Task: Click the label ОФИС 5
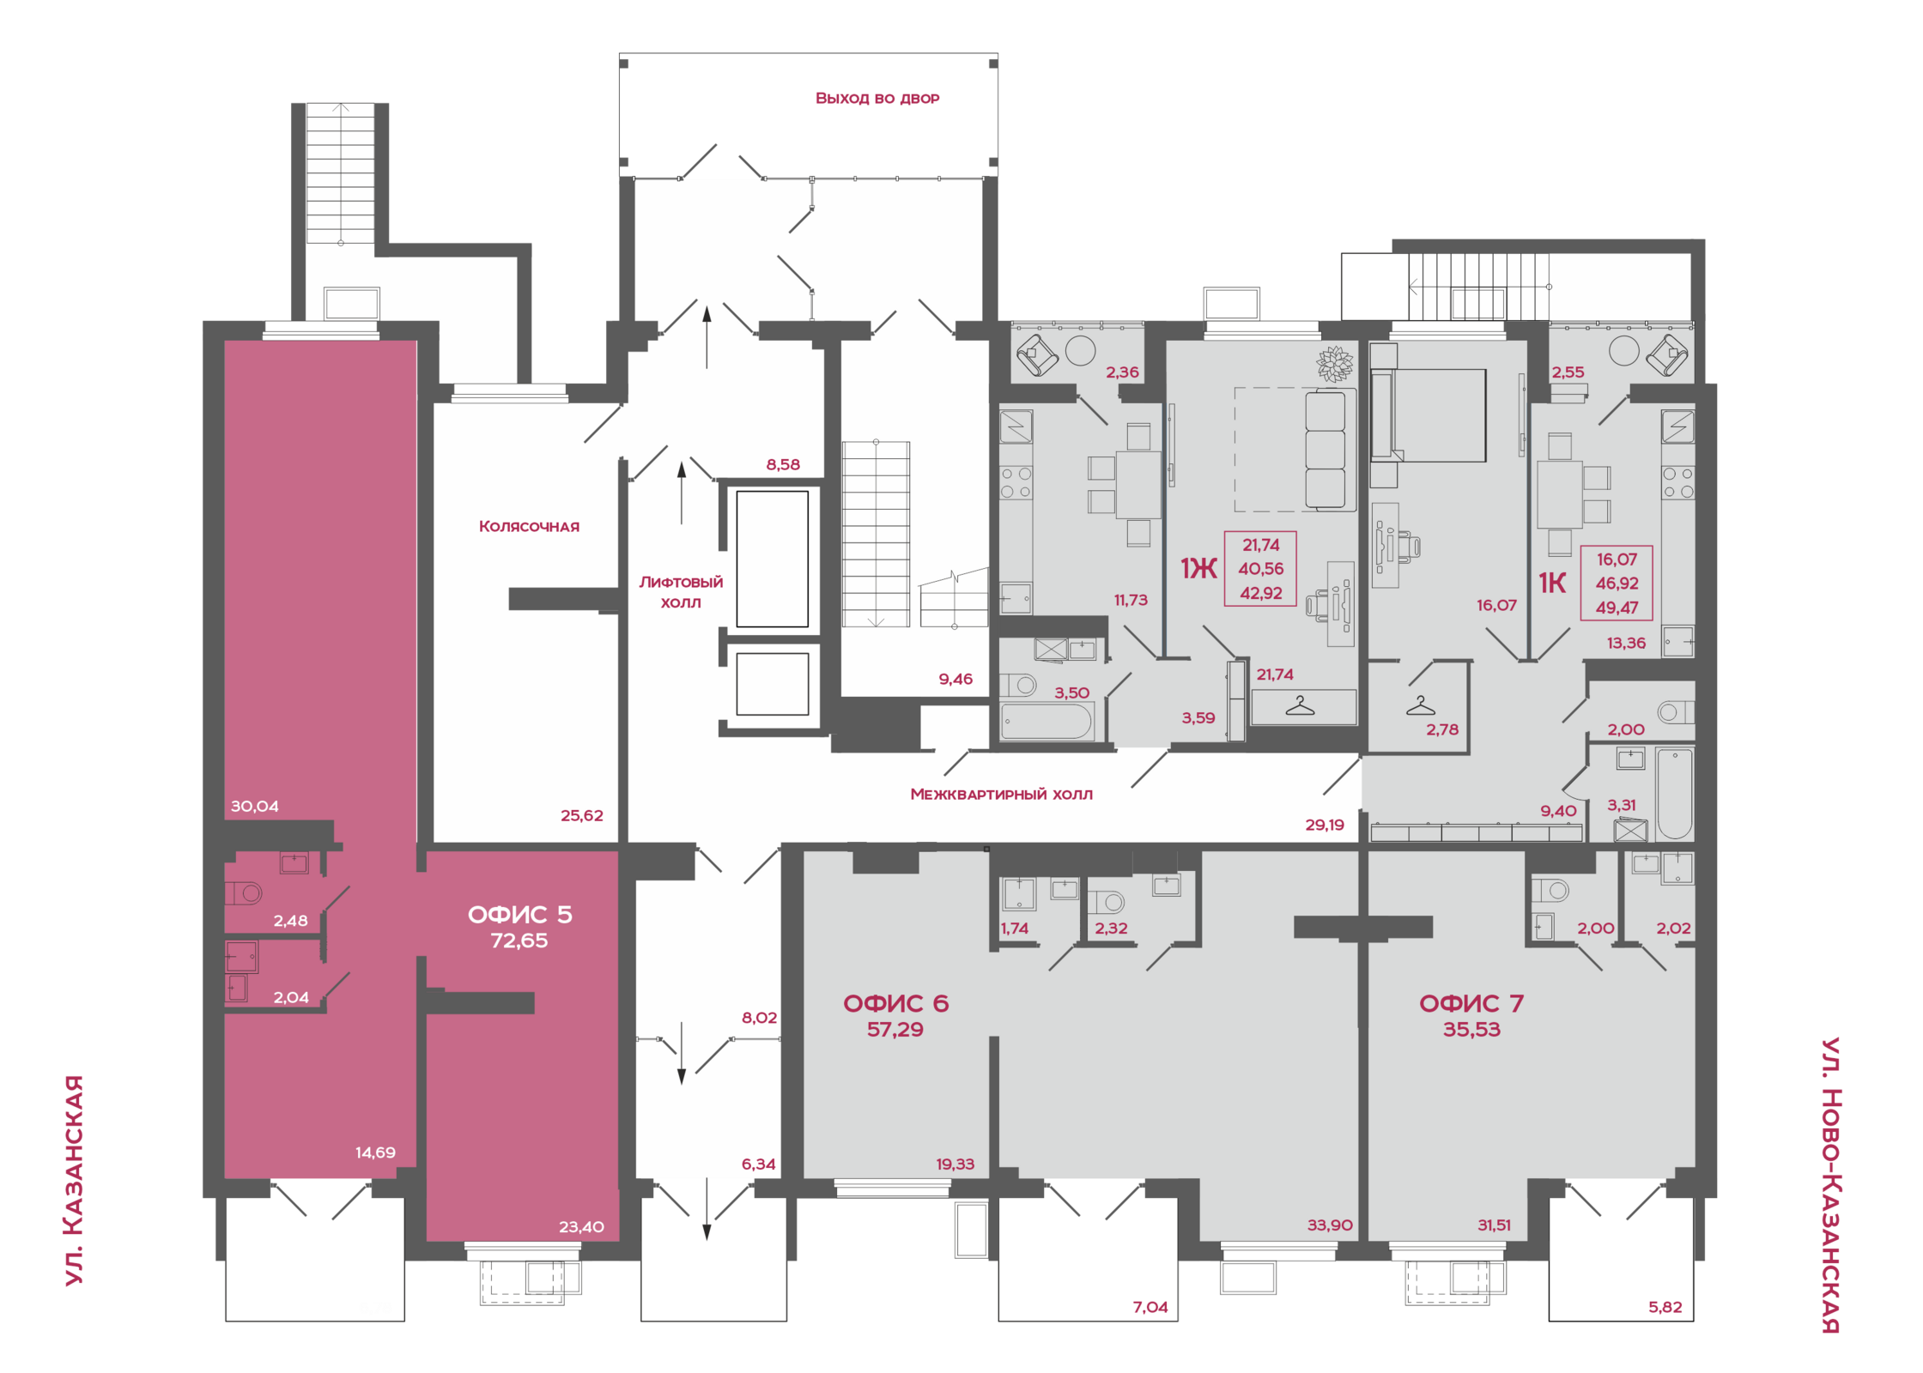click(x=519, y=915)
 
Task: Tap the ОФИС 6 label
click(x=895, y=1003)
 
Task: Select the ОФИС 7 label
click(x=1471, y=1003)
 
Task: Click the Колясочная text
click(x=529, y=526)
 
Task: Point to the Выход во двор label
click(x=877, y=98)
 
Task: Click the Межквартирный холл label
click(x=1001, y=794)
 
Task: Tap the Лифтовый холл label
click(x=681, y=592)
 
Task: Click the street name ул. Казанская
click(x=75, y=1181)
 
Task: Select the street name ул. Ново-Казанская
click(x=1830, y=1185)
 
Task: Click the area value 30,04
click(x=254, y=806)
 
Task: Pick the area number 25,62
click(x=582, y=815)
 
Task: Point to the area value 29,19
click(x=1325, y=825)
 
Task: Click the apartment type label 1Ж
click(x=1198, y=568)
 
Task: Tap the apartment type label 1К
click(x=1552, y=584)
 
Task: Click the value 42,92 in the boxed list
click(x=1261, y=593)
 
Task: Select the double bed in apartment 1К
click(x=1429, y=415)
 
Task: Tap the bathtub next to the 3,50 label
click(x=1047, y=721)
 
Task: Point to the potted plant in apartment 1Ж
click(x=1335, y=363)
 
